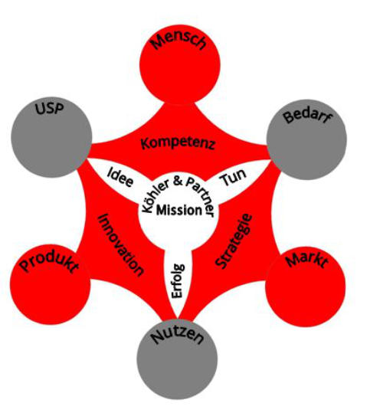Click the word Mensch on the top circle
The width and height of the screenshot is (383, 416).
(x=178, y=41)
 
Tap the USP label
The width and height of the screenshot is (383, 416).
(x=50, y=109)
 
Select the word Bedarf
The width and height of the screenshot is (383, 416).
(x=308, y=116)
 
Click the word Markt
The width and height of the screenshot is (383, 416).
(x=306, y=260)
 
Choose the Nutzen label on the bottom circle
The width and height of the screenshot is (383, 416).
(x=177, y=336)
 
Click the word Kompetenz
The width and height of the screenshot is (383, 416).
(x=178, y=144)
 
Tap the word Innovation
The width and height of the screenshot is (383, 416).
(x=121, y=245)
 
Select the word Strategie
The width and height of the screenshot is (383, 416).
(x=234, y=241)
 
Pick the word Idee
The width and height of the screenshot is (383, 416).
(x=120, y=177)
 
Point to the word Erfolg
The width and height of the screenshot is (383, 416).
(x=178, y=280)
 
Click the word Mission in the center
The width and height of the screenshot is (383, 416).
(x=179, y=211)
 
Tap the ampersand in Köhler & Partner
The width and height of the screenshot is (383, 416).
(x=178, y=181)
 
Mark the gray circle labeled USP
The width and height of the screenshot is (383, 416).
(x=51, y=137)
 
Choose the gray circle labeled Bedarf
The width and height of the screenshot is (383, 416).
(x=306, y=139)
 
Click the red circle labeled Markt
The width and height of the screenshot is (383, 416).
(x=306, y=287)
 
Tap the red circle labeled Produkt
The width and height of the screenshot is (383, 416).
(x=51, y=284)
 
